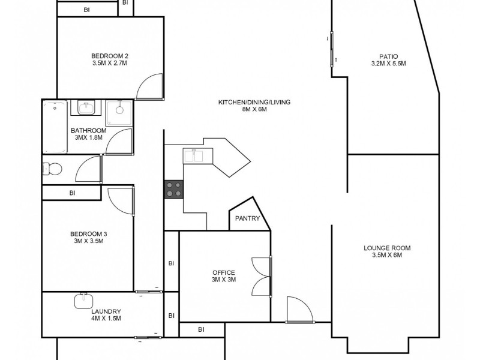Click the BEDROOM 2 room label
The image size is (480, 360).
110,56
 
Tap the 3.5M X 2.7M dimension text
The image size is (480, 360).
110,64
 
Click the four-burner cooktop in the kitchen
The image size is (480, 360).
174,190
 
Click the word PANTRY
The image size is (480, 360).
247,218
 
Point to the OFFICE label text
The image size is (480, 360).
223,272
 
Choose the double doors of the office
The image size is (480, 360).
262,276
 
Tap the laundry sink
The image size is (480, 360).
83,300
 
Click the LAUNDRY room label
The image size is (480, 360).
106,311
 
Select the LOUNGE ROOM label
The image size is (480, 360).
387,248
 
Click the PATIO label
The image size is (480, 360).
389,56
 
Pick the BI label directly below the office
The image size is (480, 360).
201,329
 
